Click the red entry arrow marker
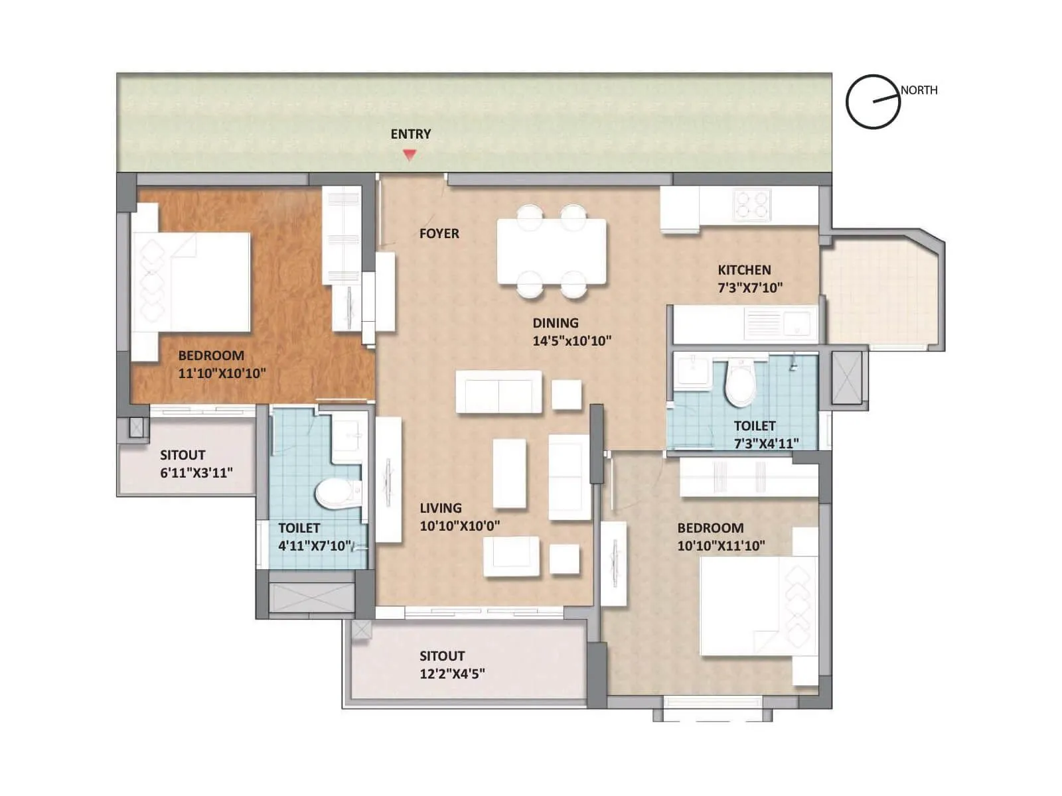[x=410, y=155]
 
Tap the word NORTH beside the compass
[x=919, y=90]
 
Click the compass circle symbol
[x=873, y=101]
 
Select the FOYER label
[x=439, y=233]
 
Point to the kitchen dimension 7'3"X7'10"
[x=750, y=288]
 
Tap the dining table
[x=552, y=251]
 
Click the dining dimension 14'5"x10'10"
[x=571, y=341]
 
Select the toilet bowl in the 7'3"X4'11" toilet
[x=739, y=385]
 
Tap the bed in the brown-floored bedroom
[x=192, y=282]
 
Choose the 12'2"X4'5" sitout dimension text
[x=452, y=674]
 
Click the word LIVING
[x=441, y=508]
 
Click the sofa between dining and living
[x=498, y=392]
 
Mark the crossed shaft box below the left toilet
[x=312, y=597]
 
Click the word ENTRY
[x=411, y=134]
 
